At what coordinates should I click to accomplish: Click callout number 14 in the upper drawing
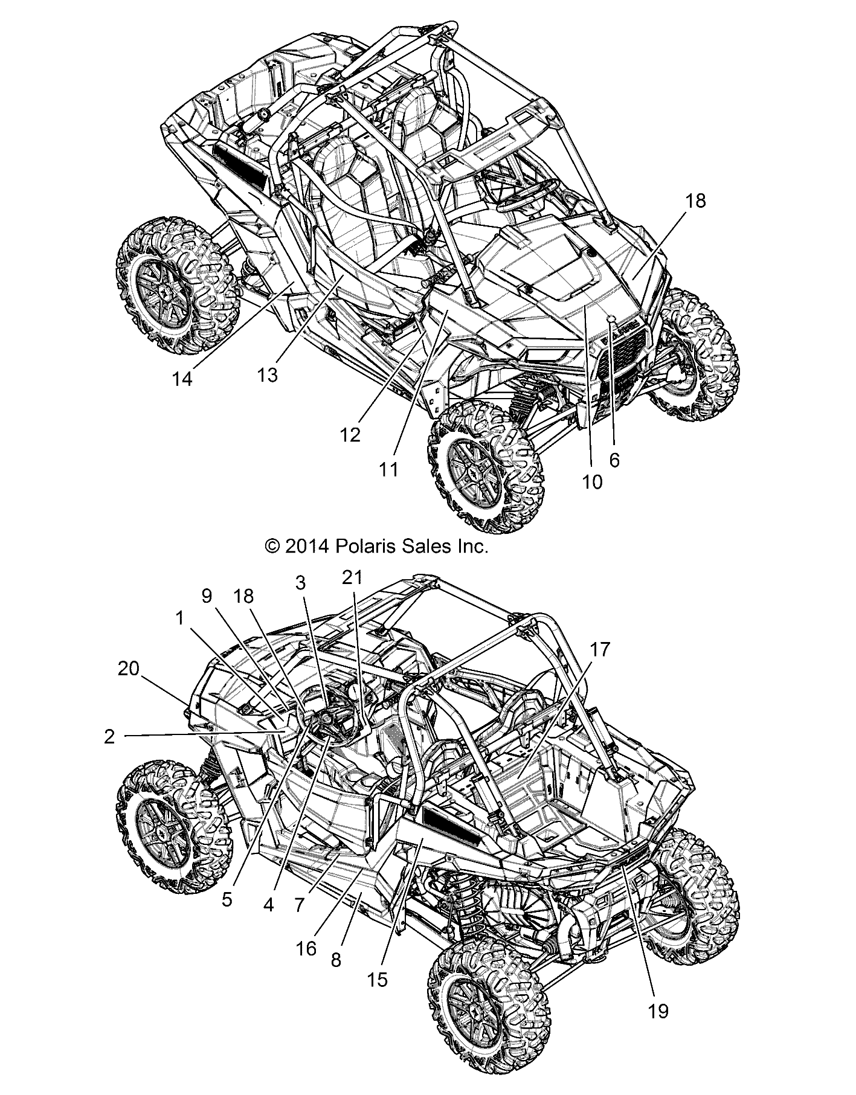[x=182, y=379]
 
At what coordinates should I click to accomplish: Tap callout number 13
[x=267, y=374]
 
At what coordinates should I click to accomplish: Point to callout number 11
[x=390, y=468]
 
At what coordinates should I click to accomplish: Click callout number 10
[x=593, y=481]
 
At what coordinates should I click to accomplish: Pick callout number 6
[x=614, y=460]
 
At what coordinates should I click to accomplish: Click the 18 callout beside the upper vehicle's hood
[x=696, y=201]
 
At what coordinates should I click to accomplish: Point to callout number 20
[x=129, y=668]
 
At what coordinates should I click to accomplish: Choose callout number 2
[x=109, y=737]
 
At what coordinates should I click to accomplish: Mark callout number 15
[x=378, y=979]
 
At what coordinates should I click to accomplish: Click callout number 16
[x=307, y=948]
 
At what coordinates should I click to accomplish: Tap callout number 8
[x=336, y=960]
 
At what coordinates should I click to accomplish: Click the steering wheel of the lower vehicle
[x=332, y=721]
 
